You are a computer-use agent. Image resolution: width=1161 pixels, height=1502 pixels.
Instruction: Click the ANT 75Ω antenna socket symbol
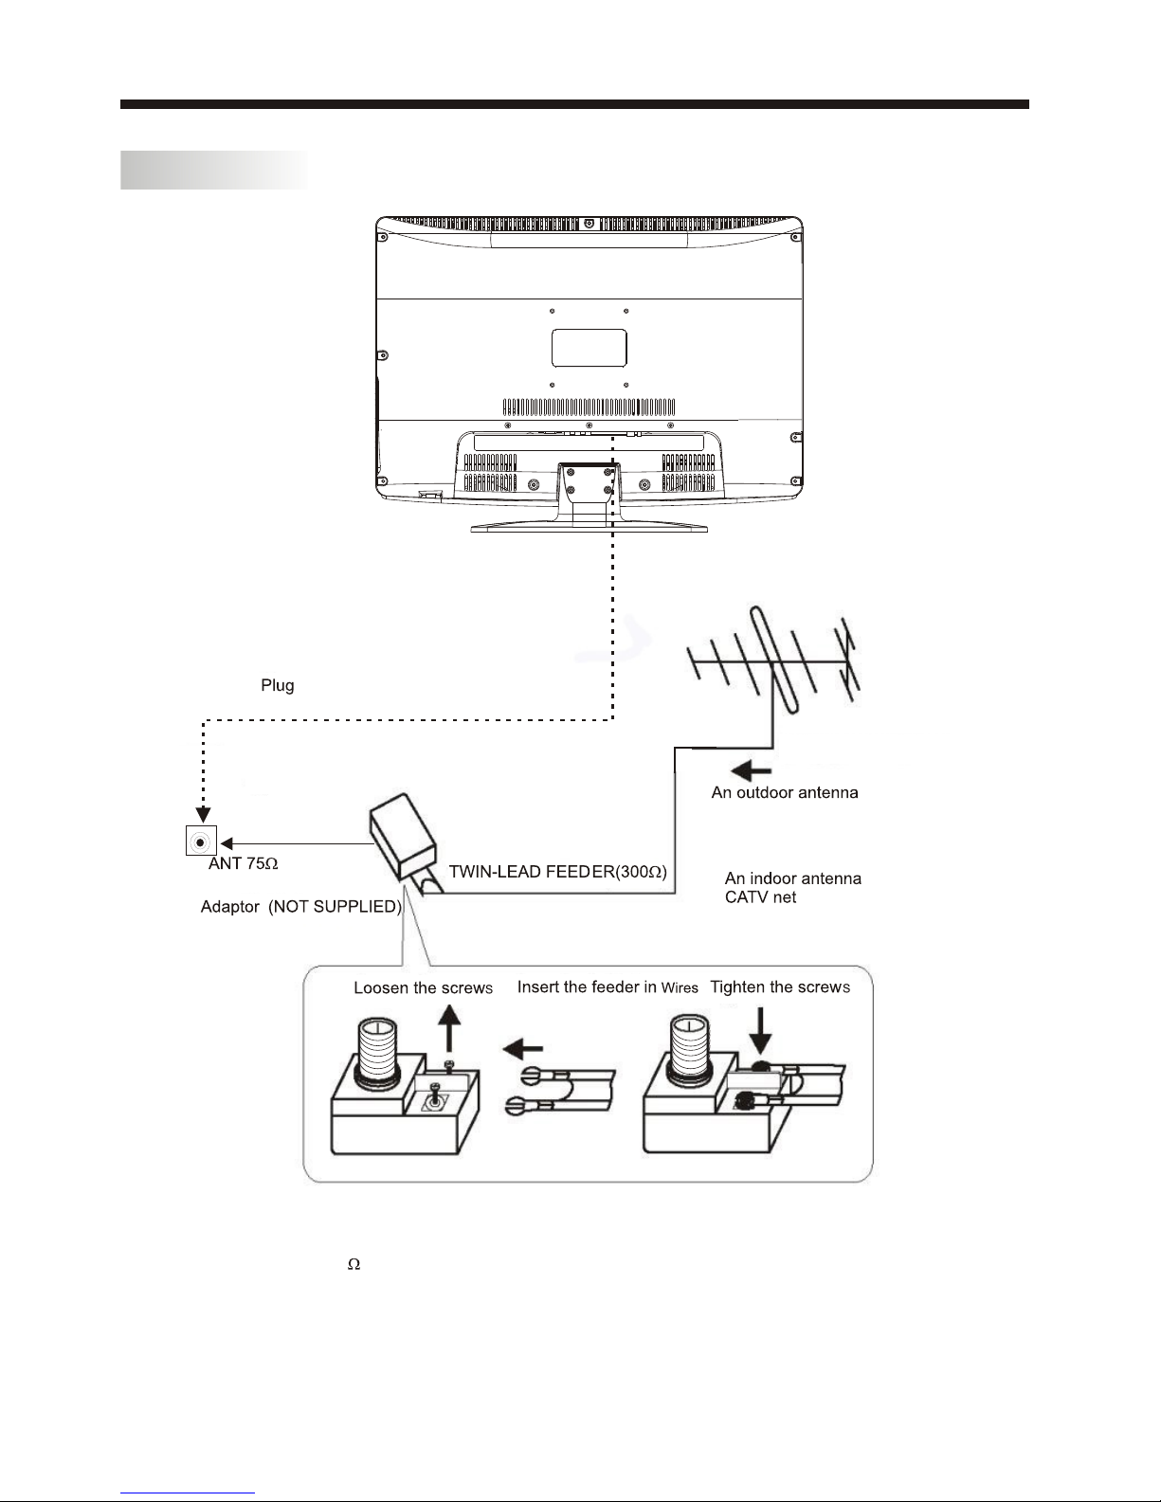[201, 841]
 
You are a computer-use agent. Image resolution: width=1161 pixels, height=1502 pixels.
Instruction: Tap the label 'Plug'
[277, 686]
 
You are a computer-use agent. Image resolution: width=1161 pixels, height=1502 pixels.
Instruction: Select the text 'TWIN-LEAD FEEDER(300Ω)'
[557, 872]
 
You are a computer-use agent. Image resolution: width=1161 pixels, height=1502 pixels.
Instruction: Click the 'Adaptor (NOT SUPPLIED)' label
[301, 906]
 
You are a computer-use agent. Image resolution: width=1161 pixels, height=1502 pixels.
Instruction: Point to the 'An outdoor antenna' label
[785, 792]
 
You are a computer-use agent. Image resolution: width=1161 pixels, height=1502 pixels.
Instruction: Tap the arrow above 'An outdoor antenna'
[751, 770]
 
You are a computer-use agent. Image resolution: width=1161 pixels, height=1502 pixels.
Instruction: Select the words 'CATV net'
[760, 897]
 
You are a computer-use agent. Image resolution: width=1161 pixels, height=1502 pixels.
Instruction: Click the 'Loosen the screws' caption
[423, 987]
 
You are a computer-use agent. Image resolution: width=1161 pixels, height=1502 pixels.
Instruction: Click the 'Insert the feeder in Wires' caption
[608, 987]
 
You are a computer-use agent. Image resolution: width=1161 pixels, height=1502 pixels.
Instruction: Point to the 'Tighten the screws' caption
[780, 987]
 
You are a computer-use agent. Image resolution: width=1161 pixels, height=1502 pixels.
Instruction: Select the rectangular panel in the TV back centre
[589, 348]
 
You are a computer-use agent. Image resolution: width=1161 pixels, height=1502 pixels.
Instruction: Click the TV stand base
[589, 528]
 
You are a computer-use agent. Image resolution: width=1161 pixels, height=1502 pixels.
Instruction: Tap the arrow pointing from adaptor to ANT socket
[298, 843]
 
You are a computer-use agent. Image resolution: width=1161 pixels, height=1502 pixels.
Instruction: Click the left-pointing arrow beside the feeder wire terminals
[522, 1050]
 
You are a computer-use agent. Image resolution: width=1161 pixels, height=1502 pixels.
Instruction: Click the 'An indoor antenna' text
[792, 878]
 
